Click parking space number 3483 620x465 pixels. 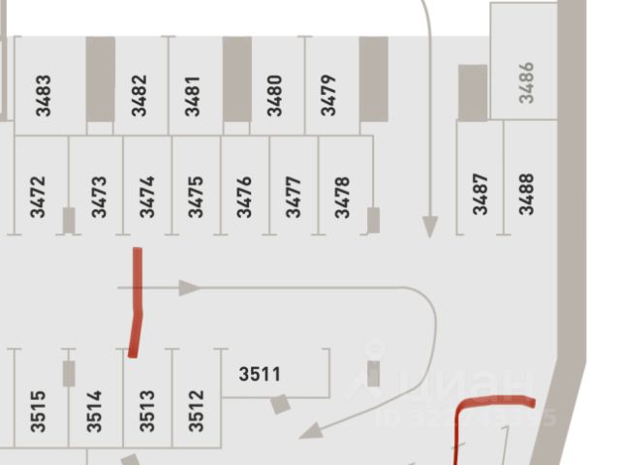43,96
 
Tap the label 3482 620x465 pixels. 139,96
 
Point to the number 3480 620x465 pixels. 275,96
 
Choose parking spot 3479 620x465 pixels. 328,96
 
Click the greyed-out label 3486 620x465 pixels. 526,82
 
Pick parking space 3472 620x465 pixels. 38,196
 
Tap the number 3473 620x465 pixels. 98,196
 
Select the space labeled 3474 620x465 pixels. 146,196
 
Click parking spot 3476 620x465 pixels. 244,196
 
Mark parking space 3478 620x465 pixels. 342,196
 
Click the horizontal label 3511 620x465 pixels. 260,374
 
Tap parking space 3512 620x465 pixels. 197,410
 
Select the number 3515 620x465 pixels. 39,410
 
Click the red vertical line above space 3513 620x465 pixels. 137,300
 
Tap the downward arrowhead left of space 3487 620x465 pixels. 430,227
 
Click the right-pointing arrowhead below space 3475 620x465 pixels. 189,288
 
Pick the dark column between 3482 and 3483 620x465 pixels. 100,79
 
